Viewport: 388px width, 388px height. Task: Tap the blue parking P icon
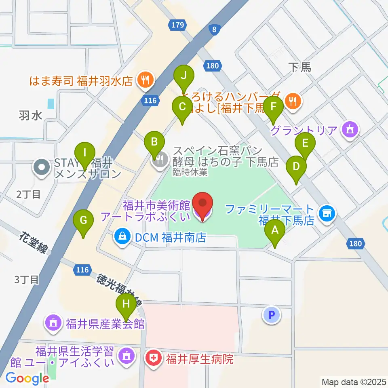click(x=272, y=315)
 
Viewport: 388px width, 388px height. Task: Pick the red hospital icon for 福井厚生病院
click(x=154, y=357)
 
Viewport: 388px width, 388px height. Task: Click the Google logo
click(x=27, y=378)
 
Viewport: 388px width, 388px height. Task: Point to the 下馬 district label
click(x=300, y=67)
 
